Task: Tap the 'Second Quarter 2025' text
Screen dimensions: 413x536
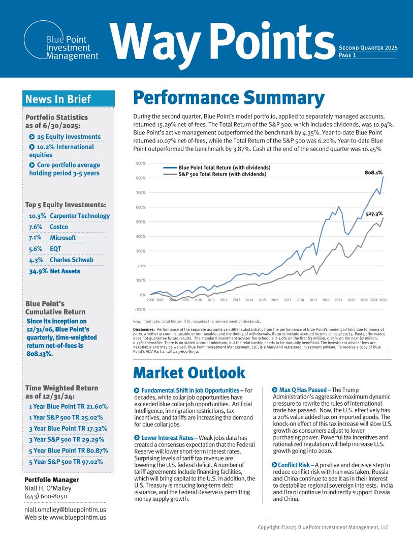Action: point(368,48)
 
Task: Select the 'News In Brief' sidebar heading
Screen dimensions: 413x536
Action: point(58,99)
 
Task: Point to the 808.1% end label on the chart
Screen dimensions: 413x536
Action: point(373,173)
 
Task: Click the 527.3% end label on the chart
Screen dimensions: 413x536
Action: point(374,214)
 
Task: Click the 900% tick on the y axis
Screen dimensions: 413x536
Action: point(141,163)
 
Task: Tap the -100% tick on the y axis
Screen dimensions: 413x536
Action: point(140,309)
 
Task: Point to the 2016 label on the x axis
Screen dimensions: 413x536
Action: point(274,300)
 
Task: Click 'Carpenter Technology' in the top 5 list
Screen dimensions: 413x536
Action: point(80,216)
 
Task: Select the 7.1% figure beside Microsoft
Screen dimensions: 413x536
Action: point(35,238)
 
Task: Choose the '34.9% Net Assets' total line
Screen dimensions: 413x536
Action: point(54,271)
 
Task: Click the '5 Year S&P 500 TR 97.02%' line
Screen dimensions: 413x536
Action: point(66,462)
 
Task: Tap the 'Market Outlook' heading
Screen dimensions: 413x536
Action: point(189,373)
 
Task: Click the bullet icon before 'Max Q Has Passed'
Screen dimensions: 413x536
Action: point(275,390)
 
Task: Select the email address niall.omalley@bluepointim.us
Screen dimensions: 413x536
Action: point(65,510)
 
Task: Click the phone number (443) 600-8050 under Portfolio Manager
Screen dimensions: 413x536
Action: point(46,496)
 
